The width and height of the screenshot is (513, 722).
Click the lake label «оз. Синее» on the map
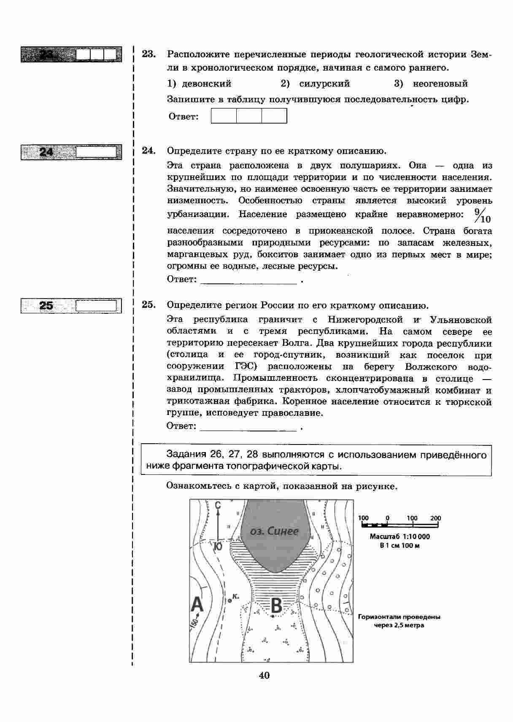[274, 531]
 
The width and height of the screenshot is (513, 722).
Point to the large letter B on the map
[276, 606]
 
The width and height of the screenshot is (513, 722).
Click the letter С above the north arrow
[218, 505]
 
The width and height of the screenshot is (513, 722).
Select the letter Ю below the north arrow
[218, 547]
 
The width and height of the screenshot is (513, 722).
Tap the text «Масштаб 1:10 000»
[400, 537]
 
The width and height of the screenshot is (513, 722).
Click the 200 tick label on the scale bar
[435, 518]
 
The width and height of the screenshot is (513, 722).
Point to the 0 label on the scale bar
[387, 518]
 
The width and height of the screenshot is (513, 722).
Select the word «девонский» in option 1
[206, 84]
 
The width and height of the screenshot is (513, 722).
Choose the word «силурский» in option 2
[324, 84]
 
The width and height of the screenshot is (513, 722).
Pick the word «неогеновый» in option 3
[440, 84]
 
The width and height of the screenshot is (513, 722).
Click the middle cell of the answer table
[249, 116]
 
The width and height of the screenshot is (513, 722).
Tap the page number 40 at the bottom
[264, 675]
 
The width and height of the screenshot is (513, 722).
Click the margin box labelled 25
[71, 306]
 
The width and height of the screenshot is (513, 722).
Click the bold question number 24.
[148, 151]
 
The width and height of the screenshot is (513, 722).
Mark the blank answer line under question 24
[249, 280]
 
